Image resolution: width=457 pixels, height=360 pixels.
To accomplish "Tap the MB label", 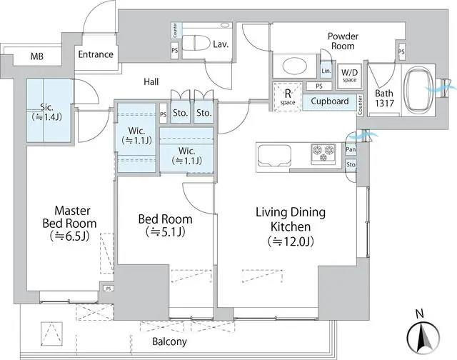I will [36, 55].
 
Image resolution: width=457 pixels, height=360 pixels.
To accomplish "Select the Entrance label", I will [95, 54].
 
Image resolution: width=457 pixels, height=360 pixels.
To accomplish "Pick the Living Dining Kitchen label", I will [291, 227].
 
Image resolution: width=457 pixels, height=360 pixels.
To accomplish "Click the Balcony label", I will [170, 342].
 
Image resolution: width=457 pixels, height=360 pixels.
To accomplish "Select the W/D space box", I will [349, 74].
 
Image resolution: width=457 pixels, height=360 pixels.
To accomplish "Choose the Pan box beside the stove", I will [351, 150].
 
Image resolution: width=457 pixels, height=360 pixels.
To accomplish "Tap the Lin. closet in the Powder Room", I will [326, 71].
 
